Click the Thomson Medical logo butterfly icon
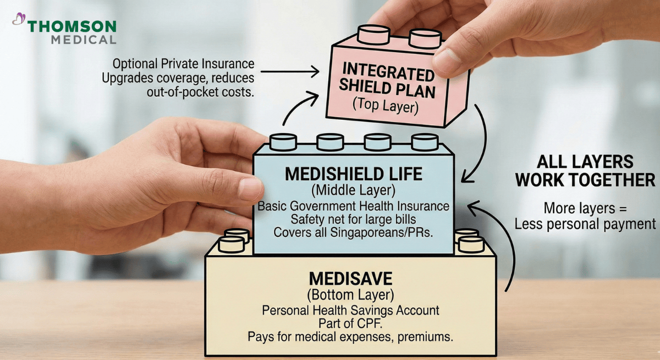tap(19, 20)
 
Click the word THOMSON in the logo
tap(72, 26)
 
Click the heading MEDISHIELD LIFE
tap(354, 175)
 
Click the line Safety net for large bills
tap(354, 219)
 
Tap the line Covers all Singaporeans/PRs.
tap(354, 232)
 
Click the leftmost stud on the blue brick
tap(282, 142)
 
